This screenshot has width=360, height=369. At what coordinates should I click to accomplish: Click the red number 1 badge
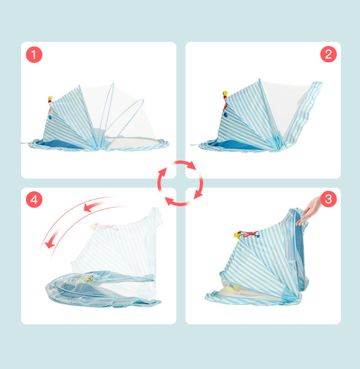[x=34, y=55]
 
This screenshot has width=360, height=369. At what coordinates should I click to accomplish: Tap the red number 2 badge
[x=329, y=54]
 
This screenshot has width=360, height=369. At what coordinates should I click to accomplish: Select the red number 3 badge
[x=329, y=199]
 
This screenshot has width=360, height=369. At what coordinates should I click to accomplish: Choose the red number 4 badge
[x=34, y=200]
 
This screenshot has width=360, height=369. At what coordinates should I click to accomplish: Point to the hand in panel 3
[x=309, y=211]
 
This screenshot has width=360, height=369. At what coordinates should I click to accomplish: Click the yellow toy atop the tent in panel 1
[x=50, y=98]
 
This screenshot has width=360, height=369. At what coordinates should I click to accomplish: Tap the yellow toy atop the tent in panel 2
[x=225, y=94]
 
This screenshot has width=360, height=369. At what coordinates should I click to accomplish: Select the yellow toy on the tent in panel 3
[x=237, y=235]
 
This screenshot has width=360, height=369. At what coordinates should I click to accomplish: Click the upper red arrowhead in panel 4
[x=88, y=208]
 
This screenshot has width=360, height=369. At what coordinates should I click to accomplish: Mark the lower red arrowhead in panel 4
[x=50, y=245]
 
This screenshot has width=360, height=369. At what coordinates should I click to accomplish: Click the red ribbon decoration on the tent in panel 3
[x=250, y=234]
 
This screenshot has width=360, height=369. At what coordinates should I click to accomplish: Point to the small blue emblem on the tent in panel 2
[x=226, y=115]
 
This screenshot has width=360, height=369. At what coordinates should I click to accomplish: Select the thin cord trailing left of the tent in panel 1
[x=25, y=143]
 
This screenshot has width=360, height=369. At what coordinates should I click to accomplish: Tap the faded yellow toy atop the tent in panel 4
[x=93, y=227]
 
